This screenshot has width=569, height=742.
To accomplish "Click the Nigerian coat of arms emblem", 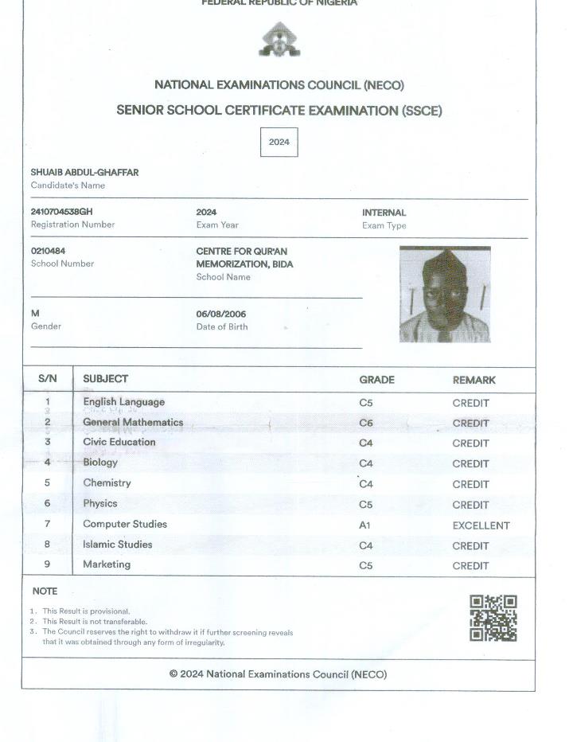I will (x=279, y=40).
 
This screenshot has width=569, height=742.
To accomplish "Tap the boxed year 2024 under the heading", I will (x=279, y=143).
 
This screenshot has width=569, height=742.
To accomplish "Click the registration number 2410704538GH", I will (x=61, y=213).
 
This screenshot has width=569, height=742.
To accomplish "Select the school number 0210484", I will (x=48, y=251).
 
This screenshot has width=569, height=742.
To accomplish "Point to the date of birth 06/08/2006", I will (x=221, y=314).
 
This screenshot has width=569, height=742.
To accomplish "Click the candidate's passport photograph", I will (x=445, y=295).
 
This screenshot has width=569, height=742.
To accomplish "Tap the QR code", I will (x=493, y=618).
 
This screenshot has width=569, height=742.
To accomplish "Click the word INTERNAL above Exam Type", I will (x=384, y=213).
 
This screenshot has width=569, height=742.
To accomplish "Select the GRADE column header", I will (x=376, y=380).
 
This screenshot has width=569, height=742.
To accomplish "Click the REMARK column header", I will (x=474, y=380).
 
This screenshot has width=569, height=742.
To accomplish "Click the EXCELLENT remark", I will (x=481, y=525).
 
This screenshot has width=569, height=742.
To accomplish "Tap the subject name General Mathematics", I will (x=133, y=423).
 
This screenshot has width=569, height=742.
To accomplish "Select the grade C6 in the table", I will (x=366, y=424).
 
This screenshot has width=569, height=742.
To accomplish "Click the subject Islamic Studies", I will (x=117, y=545).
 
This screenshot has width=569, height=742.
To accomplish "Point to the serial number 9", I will (x=48, y=564).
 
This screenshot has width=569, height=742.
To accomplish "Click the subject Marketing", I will (x=107, y=564).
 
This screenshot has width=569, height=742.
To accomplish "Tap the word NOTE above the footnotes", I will (x=45, y=592).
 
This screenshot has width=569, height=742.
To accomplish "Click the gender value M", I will (x=35, y=314).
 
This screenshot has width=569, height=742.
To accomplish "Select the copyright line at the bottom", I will (x=278, y=674).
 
